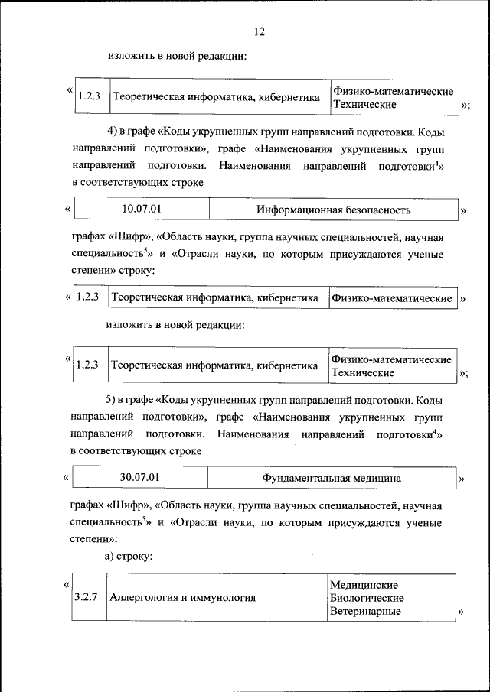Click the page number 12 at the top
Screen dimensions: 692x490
(258, 31)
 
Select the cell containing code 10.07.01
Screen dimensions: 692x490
(142, 209)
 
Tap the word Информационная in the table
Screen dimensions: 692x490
(293, 210)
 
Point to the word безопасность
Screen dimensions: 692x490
(372, 210)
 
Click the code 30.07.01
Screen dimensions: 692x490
(140, 478)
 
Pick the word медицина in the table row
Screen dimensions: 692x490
(376, 479)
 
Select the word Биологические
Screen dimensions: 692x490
(367, 598)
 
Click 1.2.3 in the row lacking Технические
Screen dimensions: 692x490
(87, 297)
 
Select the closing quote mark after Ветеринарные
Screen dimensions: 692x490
(462, 612)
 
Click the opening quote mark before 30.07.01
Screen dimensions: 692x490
(67, 479)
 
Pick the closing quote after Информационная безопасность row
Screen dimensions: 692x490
(462, 210)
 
